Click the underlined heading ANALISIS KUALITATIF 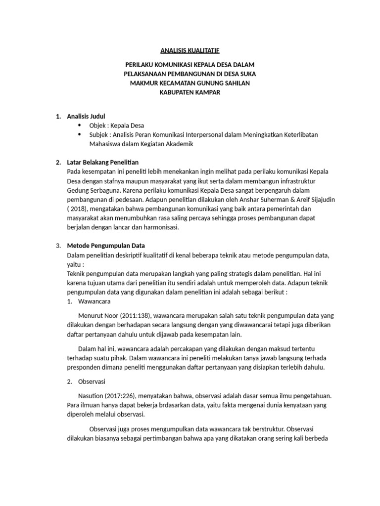pos(190,50)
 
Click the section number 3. pos(57,246)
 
